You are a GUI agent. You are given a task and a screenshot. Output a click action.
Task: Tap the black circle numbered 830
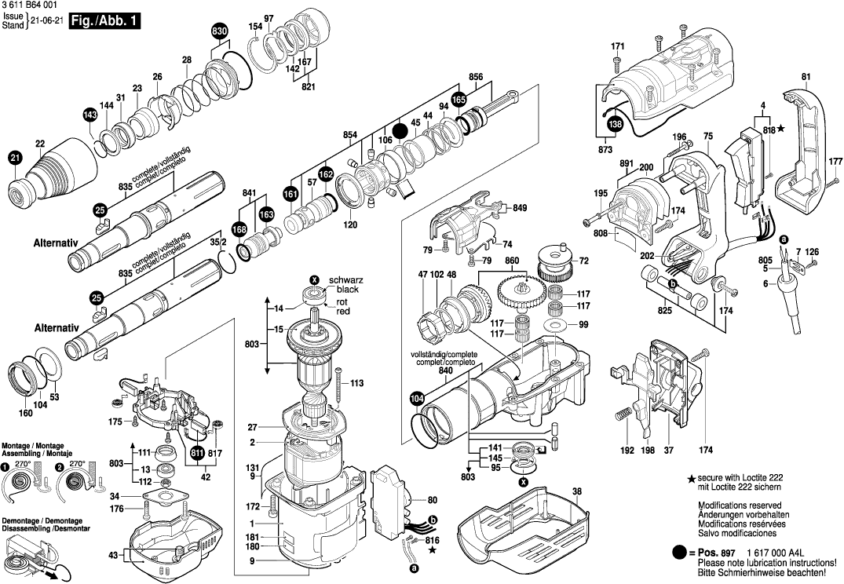(x=220, y=31)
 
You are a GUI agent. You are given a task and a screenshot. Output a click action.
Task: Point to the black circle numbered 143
(x=91, y=115)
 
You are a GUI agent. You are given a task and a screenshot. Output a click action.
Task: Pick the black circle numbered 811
(x=196, y=453)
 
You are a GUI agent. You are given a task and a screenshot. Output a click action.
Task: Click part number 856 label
(x=476, y=77)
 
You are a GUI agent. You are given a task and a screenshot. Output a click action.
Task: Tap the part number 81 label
(x=806, y=76)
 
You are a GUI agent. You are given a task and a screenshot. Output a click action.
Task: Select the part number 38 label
(x=577, y=492)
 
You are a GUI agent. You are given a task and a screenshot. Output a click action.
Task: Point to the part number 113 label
(x=357, y=383)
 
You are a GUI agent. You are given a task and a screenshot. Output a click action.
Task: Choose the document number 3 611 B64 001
(x=30, y=5)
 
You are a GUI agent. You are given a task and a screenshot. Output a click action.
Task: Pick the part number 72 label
(x=583, y=260)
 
